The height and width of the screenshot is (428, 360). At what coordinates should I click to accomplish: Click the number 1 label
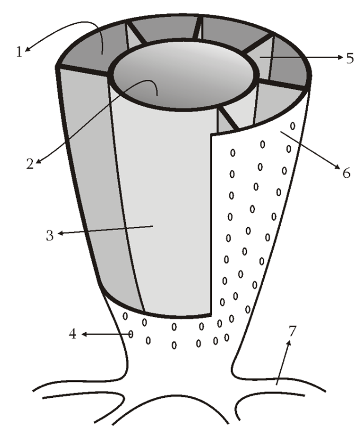[x=19, y=52]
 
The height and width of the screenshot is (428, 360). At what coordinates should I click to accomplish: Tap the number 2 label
[x=30, y=164]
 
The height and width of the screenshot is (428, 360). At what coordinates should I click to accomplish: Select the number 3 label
[x=50, y=235]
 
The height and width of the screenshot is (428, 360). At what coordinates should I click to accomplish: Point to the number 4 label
[x=72, y=334]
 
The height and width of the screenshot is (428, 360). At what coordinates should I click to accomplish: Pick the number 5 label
[x=350, y=58]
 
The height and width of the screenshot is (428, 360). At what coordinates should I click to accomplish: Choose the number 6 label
[x=346, y=173]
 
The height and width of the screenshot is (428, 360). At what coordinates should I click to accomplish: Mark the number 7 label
[x=292, y=331]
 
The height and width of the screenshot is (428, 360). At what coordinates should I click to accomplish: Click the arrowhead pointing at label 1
[x=27, y=49]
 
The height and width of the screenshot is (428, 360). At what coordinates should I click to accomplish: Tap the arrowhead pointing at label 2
[x=39, y=161]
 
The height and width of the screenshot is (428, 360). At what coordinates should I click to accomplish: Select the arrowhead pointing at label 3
[x=60, y=233]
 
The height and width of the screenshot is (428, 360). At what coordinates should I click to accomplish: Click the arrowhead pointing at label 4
[x=84, y=334]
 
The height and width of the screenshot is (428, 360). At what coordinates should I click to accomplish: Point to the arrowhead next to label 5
[x=340, y=57]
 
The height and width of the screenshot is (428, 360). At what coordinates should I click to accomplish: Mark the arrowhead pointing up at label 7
[x=289, y=343]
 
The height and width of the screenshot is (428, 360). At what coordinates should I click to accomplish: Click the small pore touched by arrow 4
[x=131, y=334]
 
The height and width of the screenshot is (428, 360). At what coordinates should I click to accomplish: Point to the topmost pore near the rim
[x=293, y=126]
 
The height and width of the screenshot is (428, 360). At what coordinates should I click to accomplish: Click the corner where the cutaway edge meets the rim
[x=211, y=134]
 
